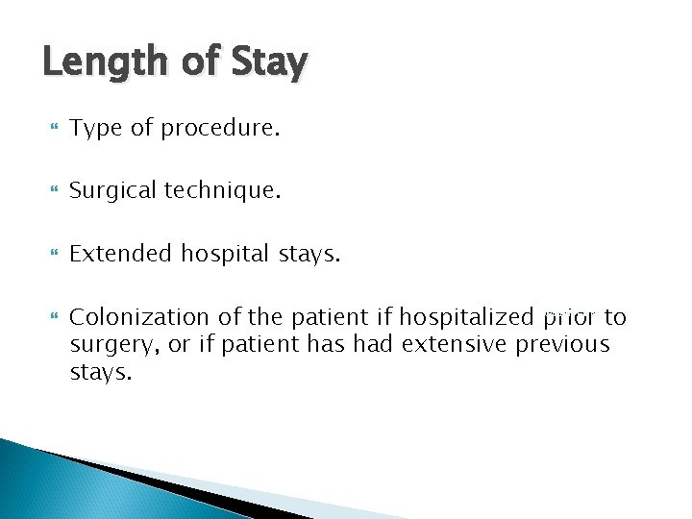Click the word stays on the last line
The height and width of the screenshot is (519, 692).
(100, 372)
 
